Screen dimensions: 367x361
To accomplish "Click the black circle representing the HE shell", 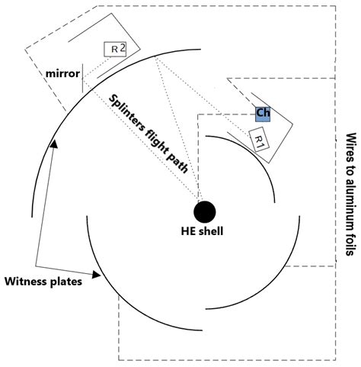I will point(205,210).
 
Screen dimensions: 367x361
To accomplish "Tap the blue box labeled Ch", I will point(263,113).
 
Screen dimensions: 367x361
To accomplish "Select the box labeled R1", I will point(260,140).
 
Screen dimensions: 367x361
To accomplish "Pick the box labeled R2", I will point(115,48).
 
